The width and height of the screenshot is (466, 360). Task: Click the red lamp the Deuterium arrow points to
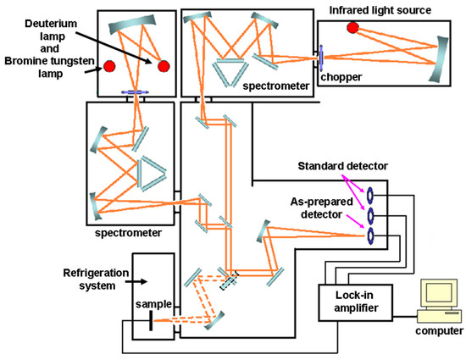point(164,65)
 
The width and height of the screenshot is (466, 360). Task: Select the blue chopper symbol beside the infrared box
point(322,60)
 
